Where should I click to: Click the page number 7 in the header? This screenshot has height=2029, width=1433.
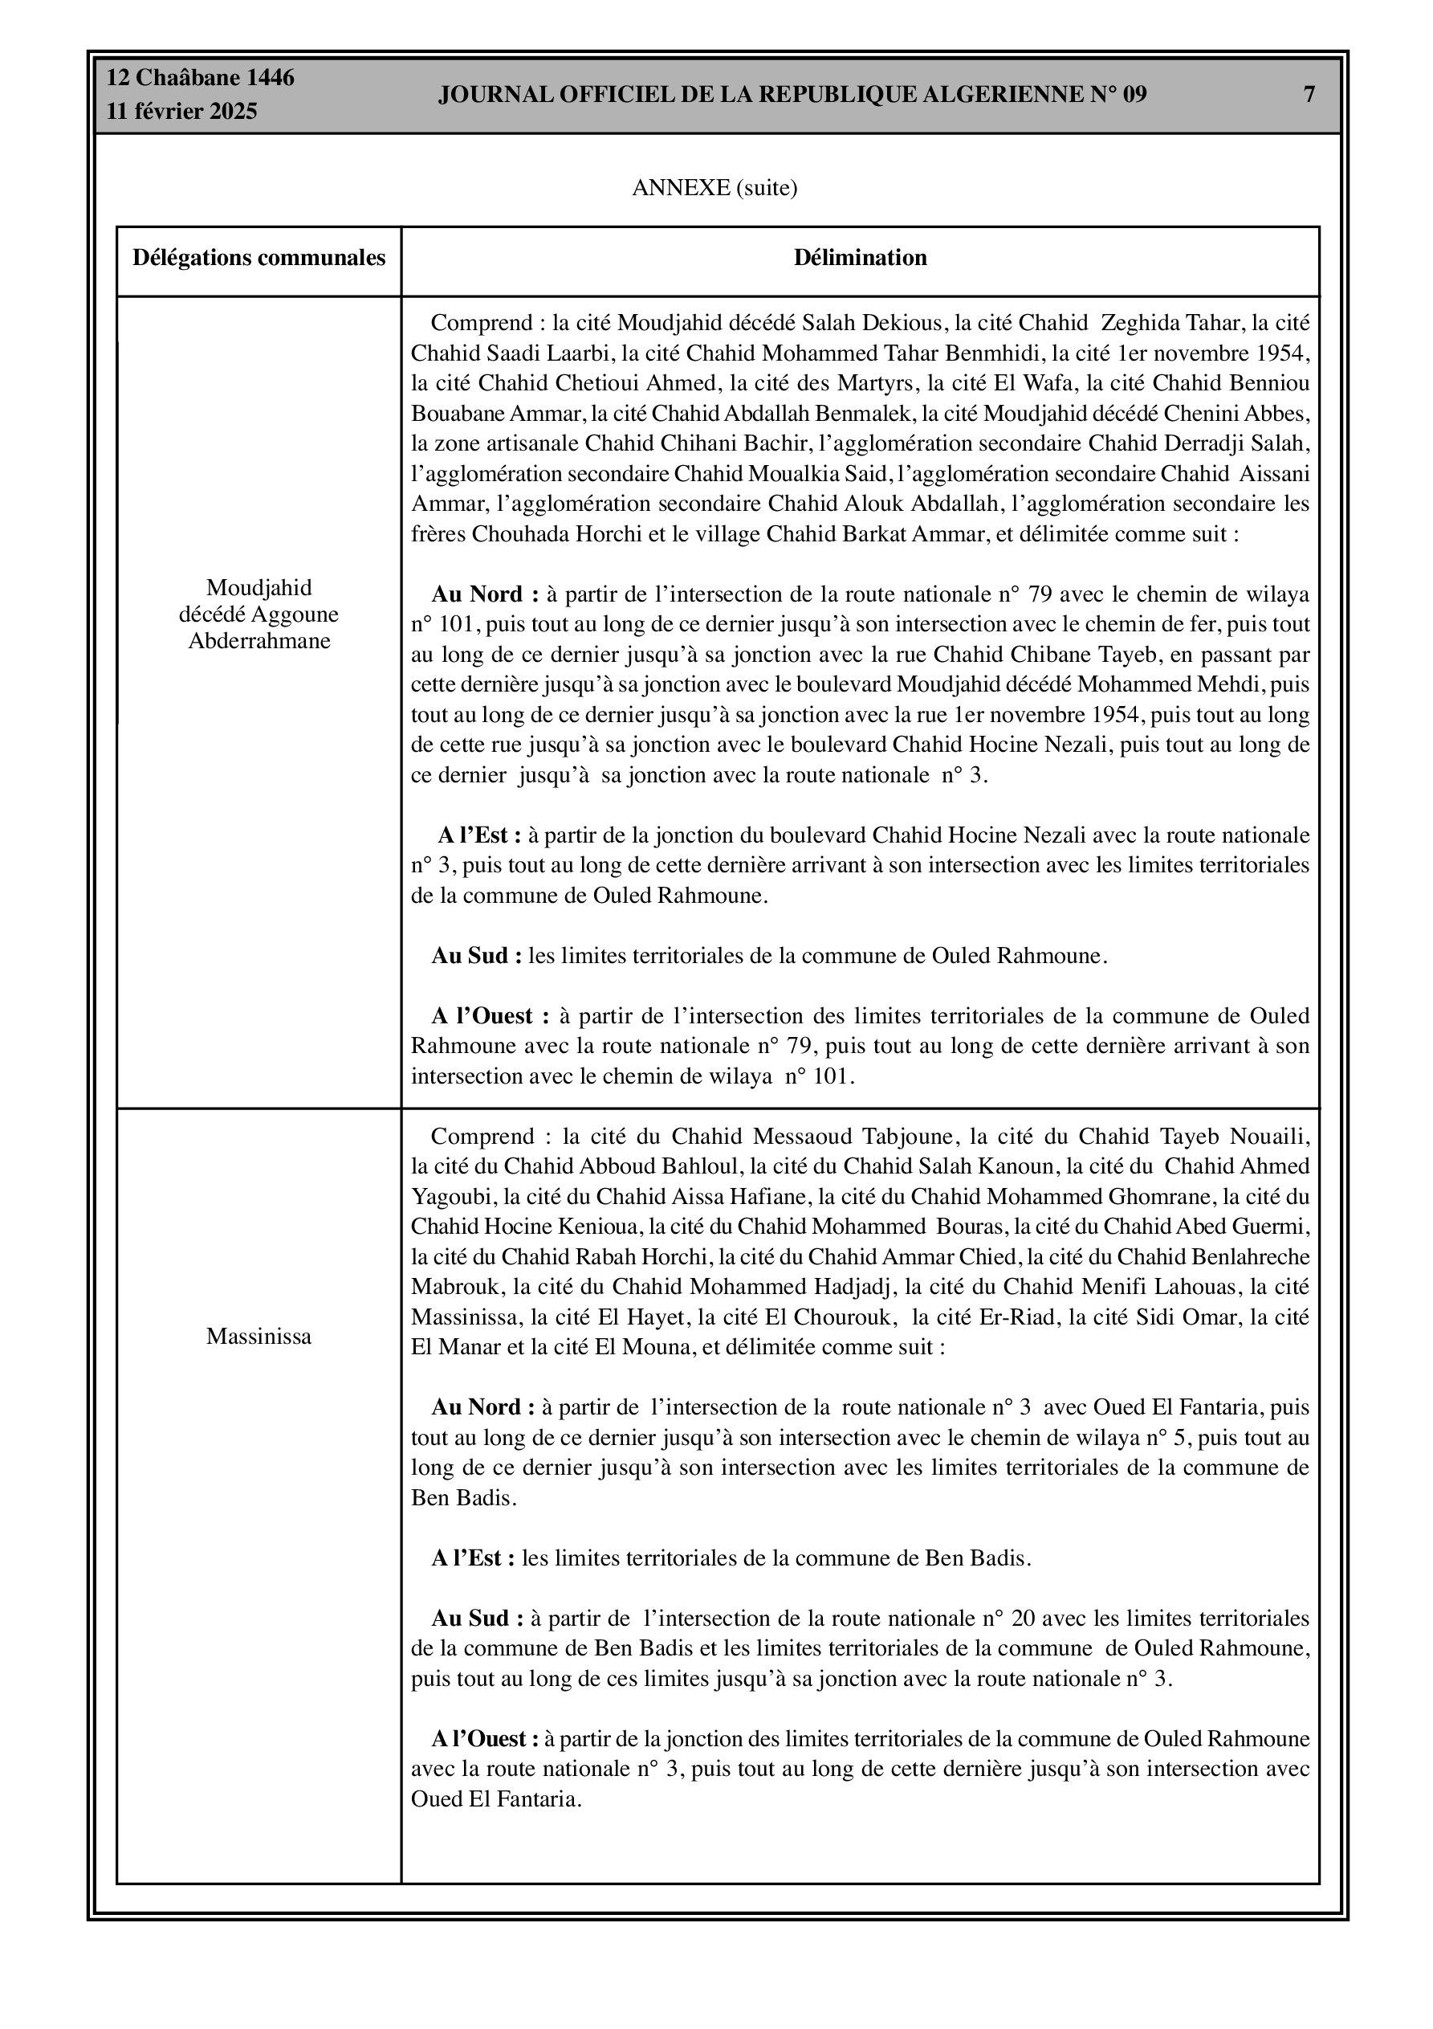coord(1309,95)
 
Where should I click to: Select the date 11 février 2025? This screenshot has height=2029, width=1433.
coord(182,112)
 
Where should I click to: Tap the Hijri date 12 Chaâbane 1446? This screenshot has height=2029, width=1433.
coord(201,78)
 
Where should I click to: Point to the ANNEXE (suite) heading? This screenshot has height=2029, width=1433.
coord(714,188)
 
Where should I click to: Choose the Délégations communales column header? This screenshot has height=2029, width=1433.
coord(259,258)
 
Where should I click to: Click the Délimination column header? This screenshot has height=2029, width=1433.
coord(860,258)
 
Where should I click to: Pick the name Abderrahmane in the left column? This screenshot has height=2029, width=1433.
coord(259,641)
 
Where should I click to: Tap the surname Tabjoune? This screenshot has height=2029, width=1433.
coord(910,1137)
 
